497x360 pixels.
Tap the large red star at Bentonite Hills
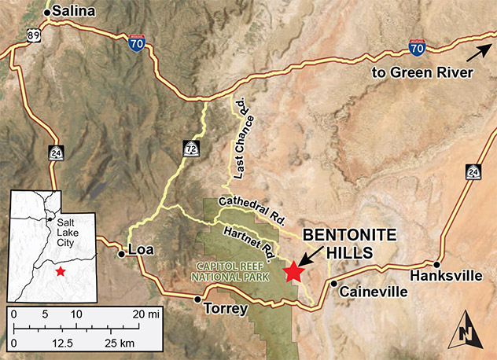pos(294,271)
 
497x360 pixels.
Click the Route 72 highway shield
pos(192,147)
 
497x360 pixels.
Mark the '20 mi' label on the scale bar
pos(148,314)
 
